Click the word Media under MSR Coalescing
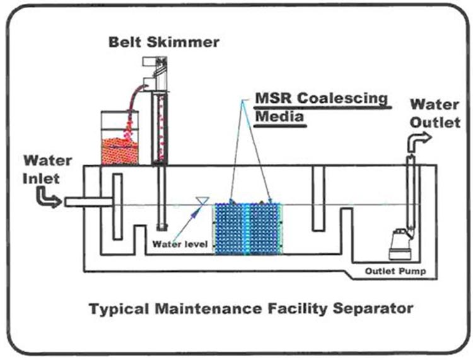pos(279,117)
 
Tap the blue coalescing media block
pos(248,228)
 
